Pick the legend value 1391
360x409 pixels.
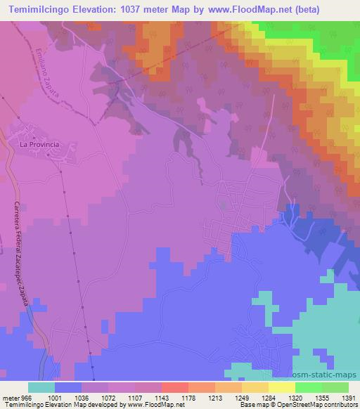click(x=337, y=397)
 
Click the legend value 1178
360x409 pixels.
click(x=202, y=397)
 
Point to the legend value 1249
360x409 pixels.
click(x=256, y=397)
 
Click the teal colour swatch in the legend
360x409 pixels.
click(x=41, y=387)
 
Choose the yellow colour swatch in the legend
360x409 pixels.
click(x=282, y=387)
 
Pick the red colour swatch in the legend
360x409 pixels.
click(x=175, y=387)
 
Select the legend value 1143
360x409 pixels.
click(x=175, y=397)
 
